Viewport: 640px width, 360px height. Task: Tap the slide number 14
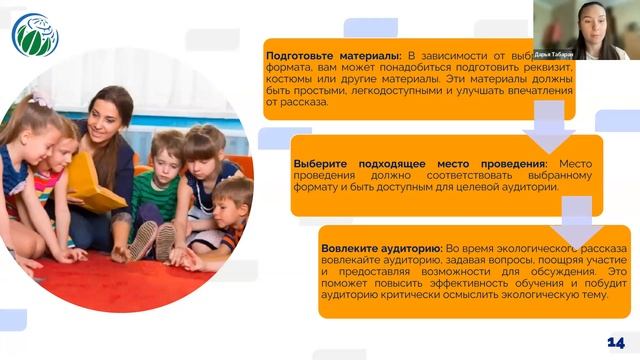pos(616,343)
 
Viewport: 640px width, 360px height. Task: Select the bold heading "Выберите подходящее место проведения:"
pos(420,163)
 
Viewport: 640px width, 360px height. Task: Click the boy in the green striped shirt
pos(160,180)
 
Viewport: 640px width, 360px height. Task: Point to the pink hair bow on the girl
pos(40,99)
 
